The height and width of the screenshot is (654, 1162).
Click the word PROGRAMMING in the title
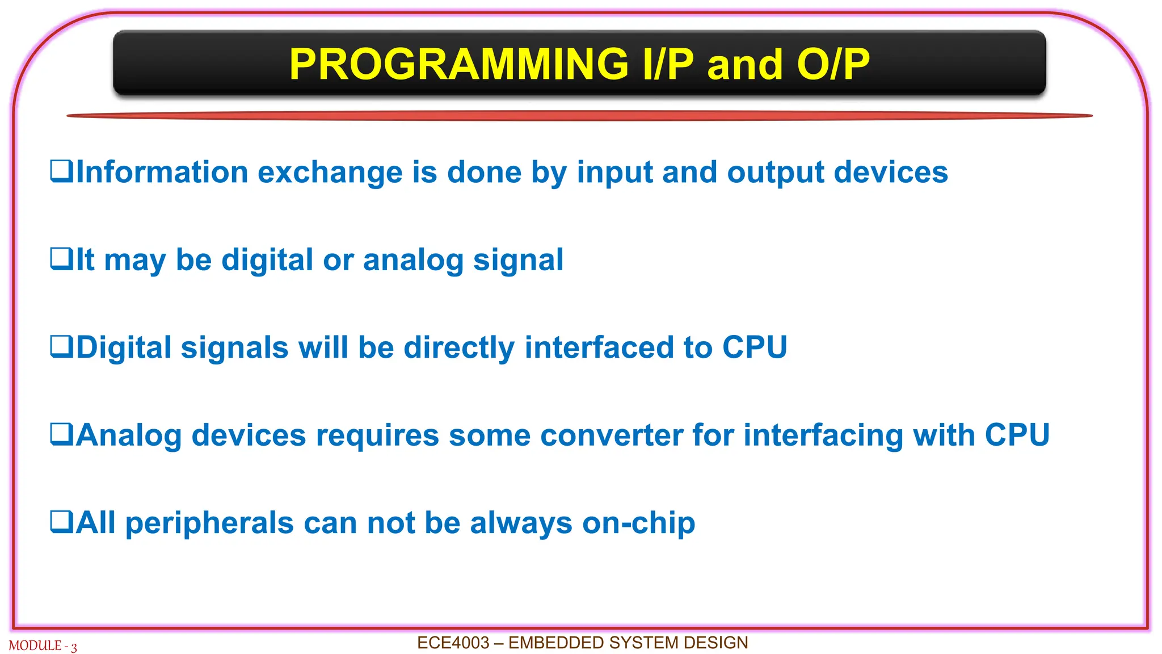458,64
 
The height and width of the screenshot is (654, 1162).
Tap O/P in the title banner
832,64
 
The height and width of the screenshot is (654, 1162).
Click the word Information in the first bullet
162,172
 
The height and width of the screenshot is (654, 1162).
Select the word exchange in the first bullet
330,172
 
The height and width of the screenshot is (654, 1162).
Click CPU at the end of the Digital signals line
754,347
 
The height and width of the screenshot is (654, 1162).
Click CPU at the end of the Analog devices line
1017,435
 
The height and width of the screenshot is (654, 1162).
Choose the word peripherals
209,523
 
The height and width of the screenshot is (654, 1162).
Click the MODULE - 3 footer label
43,646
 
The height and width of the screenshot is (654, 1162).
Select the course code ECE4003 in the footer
453,643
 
